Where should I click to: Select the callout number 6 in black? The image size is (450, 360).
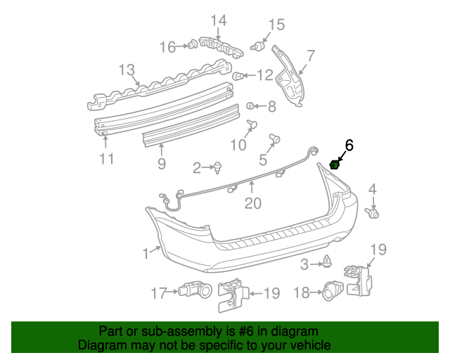click(x=349, y=146)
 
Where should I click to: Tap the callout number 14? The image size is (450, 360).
click(x=218, y=20)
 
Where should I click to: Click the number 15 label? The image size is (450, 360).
click(x=276, y=25)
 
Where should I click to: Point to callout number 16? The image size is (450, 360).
click(x=167, y=47)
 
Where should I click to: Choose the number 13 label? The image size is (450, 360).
click(x=126, y=70)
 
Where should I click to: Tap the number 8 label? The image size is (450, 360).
click(x=271, y=107)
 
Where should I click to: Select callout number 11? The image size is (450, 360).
click(x=105, y=159)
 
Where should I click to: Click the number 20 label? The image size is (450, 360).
click(x=252, y=204)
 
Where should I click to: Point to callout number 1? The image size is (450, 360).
click(x=146, y=252)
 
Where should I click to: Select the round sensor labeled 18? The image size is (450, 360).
click(x=333, y=290)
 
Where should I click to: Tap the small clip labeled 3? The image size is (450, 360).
click(x=327, y=262)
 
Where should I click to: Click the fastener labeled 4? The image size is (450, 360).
click(x=374, y=212)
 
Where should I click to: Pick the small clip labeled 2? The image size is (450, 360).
click(x=219, y=167)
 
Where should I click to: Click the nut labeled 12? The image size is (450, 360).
click(x=238, y=75)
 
